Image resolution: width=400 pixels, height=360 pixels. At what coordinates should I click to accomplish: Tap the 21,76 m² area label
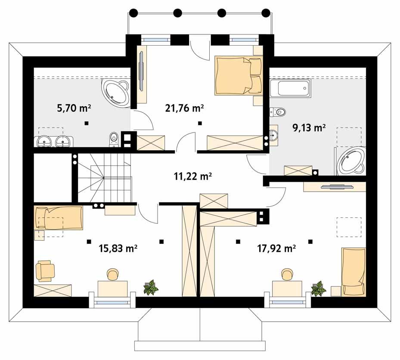pyautogui.click(x=184, y=108)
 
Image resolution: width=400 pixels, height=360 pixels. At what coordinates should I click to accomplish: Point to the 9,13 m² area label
pyautogui.click(x=309, y=127)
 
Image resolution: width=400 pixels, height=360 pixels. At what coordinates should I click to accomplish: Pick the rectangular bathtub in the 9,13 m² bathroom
pyautogui.click(x=292, y=89)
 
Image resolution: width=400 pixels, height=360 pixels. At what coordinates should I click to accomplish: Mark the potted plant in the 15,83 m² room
pyautogui.click(x=151, y=287)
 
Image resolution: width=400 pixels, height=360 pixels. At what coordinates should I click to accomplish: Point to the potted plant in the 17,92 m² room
pyautogui.click(x=318, y=288)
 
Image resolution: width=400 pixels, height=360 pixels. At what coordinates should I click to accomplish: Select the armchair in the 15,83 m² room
pyautogui.click(x=45, y=270)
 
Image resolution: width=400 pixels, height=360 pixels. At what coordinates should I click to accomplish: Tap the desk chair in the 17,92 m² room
pyautogui.click(x=287, y=274)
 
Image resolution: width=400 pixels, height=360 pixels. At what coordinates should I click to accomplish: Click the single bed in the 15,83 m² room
pyautogui.click(x=58, y=218)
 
